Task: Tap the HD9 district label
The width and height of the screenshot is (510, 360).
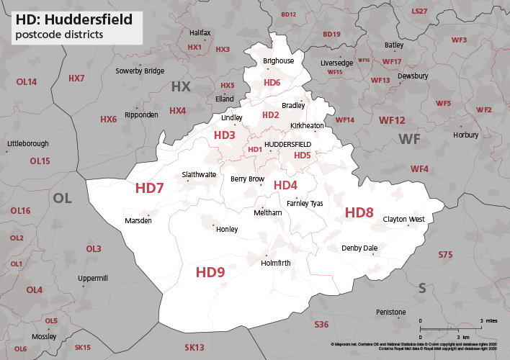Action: (x=210, y=272)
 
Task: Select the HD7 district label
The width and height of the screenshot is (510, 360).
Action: (x=150, y=189)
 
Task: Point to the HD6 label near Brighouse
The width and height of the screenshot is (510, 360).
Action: (x=272, y=83)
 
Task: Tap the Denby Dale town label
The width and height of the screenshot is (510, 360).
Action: (x=359, y=248)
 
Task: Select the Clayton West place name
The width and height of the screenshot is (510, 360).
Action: (x=403, y=219)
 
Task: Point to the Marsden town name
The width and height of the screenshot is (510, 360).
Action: (x=138, y=220)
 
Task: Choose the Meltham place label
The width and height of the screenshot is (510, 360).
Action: (x=267, y=213)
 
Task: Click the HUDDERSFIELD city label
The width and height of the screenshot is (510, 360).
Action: (x=287, y=145)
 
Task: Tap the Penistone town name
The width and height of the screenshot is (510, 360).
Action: (x=391, y=312)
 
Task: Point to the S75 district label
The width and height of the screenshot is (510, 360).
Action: (x=445, y=255)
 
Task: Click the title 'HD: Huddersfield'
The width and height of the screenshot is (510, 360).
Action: (x=70, y=19)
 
